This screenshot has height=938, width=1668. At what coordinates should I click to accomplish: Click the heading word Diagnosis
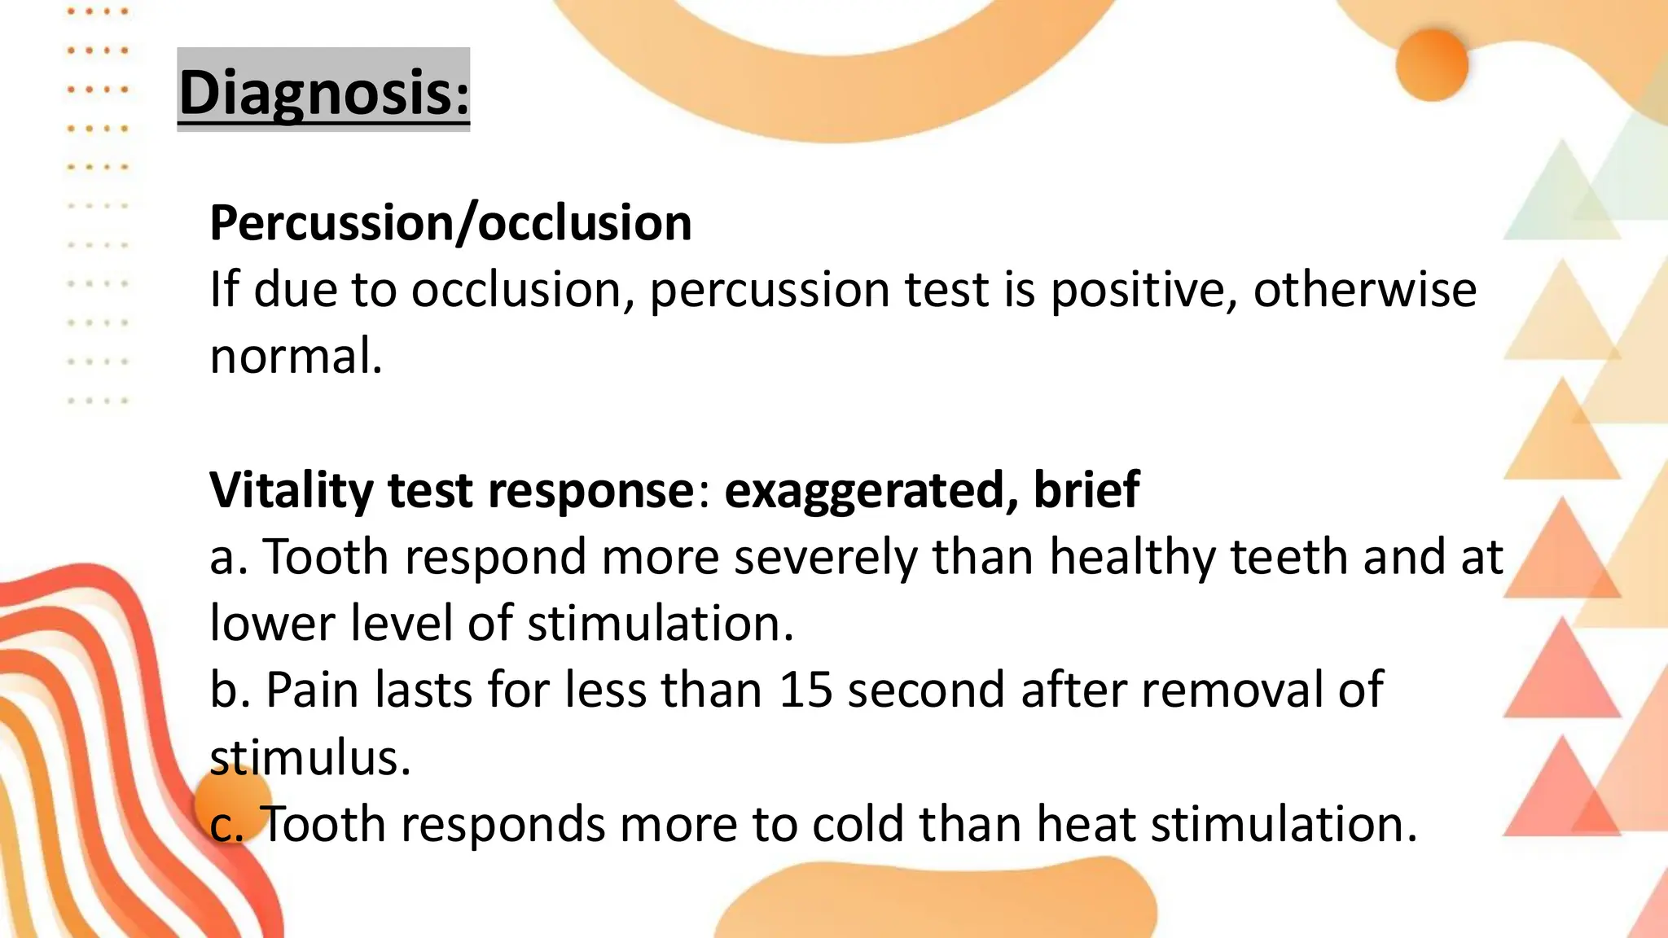click(x=323, y=92)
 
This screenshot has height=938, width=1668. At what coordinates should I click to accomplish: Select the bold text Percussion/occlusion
click(x=450, y=222)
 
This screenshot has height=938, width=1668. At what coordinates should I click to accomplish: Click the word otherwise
click(x=1364, y=290)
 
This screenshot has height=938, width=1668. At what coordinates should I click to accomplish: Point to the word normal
click(x=295, y=357)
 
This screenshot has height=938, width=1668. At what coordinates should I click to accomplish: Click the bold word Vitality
click(x=291, y=490)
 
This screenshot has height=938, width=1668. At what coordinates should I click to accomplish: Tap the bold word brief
click(x=1086, y=490)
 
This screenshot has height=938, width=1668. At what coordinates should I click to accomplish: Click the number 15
click(x=805, y=690)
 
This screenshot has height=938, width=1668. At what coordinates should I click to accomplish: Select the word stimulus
click(x=309, y=757)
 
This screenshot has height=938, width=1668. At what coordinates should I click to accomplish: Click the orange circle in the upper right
click(x=1431, y=65)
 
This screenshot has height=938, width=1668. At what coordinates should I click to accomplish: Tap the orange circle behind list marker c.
click(x=233, y=802)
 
